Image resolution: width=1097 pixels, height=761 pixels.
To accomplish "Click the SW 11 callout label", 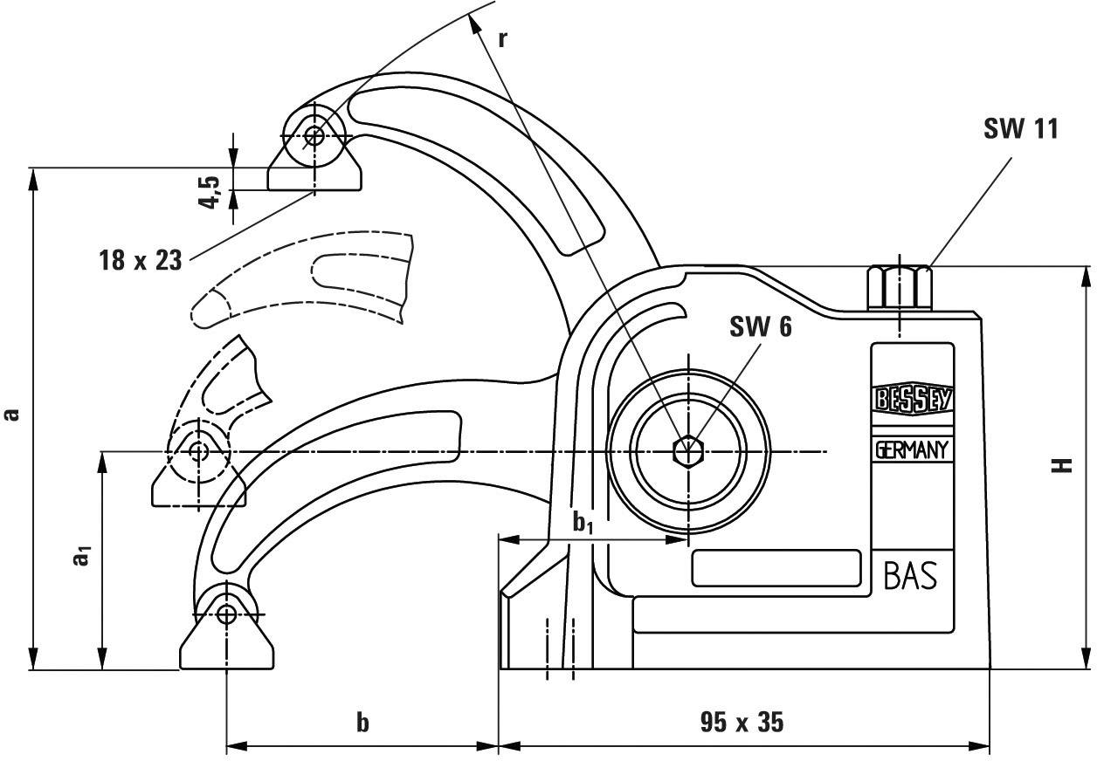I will pyautogui.click(x=1020, y=129).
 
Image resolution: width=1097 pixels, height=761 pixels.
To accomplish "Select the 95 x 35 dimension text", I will pyautogui.click(x=742, y=723).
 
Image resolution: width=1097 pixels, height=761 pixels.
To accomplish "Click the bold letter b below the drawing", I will pyautogui.click(x=362, y=723).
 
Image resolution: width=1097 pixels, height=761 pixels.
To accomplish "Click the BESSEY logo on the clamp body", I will pyautogui.click(x=912, y=400).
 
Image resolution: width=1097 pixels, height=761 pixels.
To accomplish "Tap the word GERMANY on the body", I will pyautogui.click(x=912, y=450).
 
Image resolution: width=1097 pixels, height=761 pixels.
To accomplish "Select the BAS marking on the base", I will pyautogui.click(x=910, y=576).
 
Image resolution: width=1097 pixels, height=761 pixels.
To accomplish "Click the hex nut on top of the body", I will pyautogui.click(x=900, y=288).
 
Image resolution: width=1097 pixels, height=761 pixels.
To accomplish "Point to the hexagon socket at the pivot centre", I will pyautogui.click(x=688, y=451).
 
